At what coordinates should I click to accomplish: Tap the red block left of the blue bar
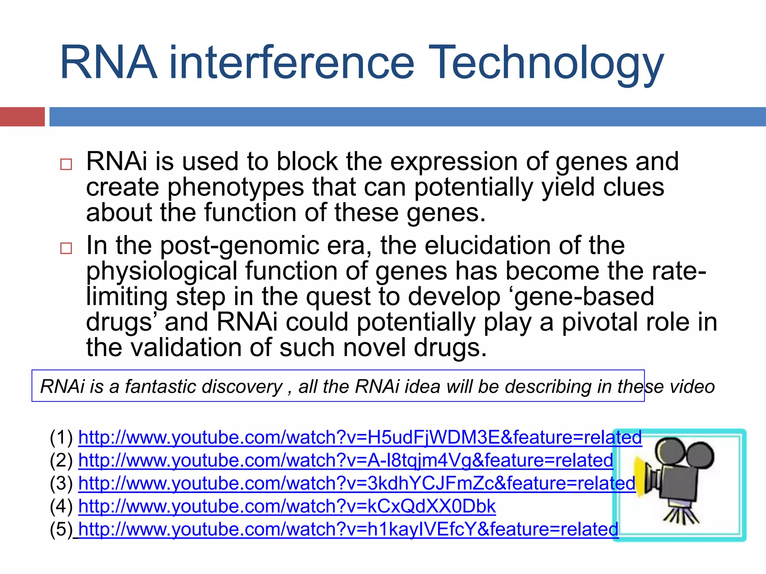22,117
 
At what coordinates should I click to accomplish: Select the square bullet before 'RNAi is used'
66,164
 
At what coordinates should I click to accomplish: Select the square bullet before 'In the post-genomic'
66,248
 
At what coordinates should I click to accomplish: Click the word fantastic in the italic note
203,386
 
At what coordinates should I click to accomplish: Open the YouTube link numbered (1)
359,438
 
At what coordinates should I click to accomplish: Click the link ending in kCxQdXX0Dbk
287,507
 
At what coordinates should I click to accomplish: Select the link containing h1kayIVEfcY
348,530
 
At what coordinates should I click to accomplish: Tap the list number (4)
61,507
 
